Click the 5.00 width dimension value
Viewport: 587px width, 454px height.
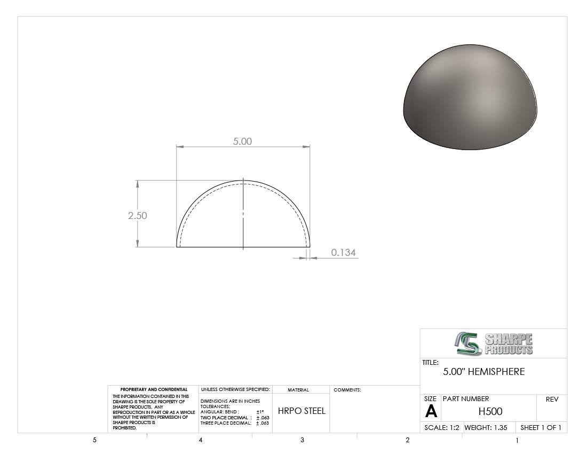point(242,141)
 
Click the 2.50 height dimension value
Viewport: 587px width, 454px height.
point(137,215)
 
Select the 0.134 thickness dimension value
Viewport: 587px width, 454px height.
point(343,253)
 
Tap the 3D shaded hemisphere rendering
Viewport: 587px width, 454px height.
point(470,97)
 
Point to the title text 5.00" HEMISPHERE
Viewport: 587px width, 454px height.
point(483,372)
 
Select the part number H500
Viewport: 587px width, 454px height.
point(490,411)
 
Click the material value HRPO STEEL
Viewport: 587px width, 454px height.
point(302,411)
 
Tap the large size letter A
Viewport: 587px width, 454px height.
point(431,412)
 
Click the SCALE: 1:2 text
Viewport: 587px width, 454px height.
point(442,427)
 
